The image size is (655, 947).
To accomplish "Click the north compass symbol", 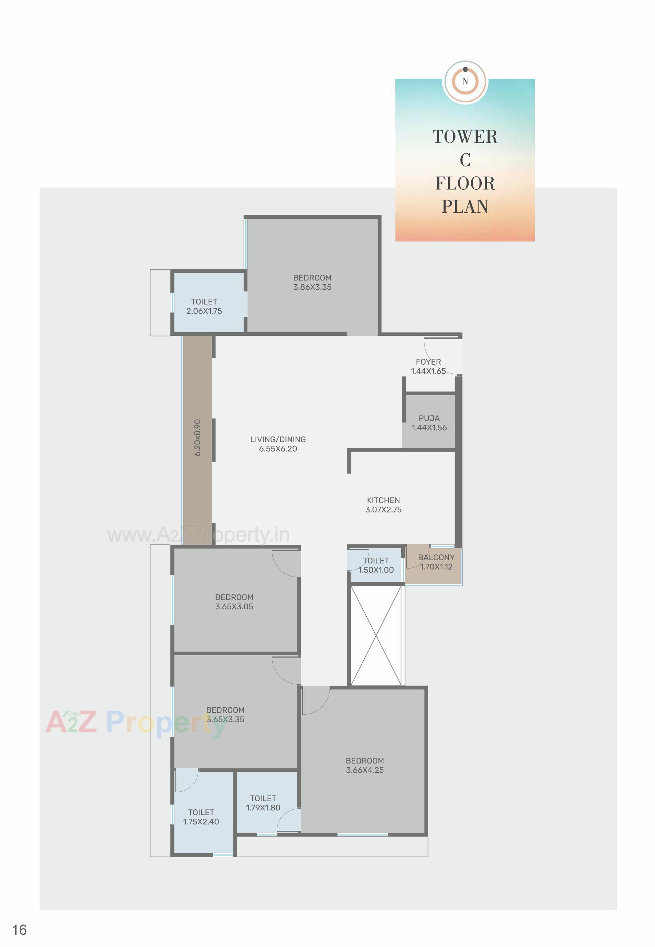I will click(465, 81).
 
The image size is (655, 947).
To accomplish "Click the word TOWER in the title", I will click(465, 137).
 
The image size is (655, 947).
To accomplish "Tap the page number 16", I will click(20, 930).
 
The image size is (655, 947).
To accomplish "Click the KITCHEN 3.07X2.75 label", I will click(383, 505).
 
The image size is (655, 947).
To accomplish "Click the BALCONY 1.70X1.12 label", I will click(436, 562).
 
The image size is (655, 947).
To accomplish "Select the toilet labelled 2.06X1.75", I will click(204, 306).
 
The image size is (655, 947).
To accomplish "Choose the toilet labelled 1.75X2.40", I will click(201, 817).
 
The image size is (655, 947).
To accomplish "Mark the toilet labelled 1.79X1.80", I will click(263, 803).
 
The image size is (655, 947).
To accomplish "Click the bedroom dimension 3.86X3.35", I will click(312, 287).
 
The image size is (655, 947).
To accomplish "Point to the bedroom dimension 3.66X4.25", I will click(364, 770).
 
